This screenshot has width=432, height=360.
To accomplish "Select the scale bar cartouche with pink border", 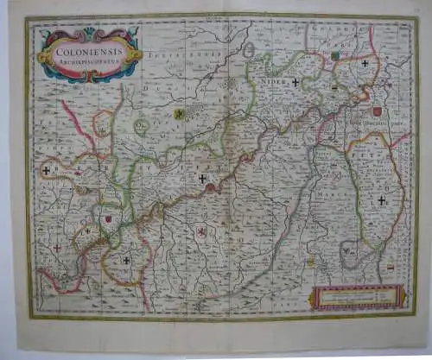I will coord(358,296).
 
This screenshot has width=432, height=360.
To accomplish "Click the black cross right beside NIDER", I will coord(295,83).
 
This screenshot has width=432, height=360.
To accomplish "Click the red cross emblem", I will coord(58,248).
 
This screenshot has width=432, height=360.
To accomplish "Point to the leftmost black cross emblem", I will coord(46,171).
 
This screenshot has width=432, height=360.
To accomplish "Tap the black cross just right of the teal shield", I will coord(365,63).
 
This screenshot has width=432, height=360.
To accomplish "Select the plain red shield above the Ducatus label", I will coord(377,111).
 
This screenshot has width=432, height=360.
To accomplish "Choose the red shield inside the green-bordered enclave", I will coord(107,219).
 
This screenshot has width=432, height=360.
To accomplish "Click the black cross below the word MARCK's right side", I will coord(381,199).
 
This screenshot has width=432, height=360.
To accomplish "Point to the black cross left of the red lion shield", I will coord(126,260).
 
